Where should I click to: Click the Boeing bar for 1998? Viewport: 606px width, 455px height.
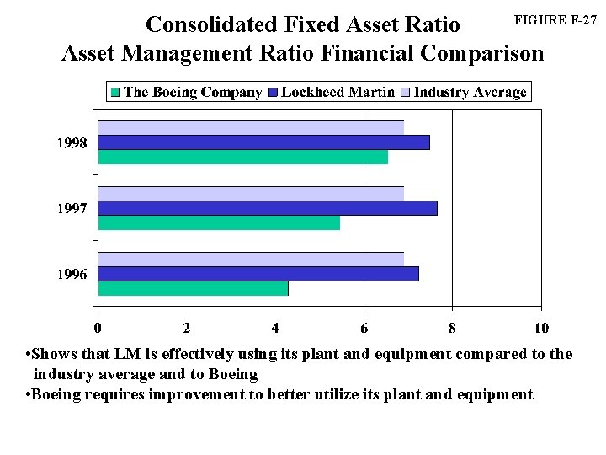(243, 158)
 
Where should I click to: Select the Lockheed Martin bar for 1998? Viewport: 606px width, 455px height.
(264, 142)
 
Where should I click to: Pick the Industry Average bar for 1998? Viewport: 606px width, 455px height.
(251, 127)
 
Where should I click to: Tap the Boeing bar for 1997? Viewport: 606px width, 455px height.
(219, 222)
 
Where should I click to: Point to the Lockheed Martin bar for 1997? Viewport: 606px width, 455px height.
(268, 208)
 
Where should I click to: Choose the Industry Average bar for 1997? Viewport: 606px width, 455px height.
(251, 193)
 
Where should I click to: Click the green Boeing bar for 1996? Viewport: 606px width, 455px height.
(194, 288)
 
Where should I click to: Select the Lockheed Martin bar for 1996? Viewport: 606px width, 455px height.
(258, 274)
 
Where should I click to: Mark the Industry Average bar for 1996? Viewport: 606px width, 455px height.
(251, 259)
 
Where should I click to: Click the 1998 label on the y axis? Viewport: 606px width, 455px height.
(72, 143)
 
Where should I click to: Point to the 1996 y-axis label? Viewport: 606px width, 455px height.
(72, 275)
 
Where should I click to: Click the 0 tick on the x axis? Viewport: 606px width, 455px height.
(98, 327)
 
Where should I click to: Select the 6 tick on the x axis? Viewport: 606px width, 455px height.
(364, 327)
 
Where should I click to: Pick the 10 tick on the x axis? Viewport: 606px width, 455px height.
(541, 327)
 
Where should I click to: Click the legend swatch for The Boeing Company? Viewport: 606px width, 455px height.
(115, 92)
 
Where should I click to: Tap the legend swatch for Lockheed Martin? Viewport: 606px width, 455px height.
(274, 92)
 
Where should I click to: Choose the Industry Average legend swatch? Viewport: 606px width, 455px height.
(407, 92)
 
